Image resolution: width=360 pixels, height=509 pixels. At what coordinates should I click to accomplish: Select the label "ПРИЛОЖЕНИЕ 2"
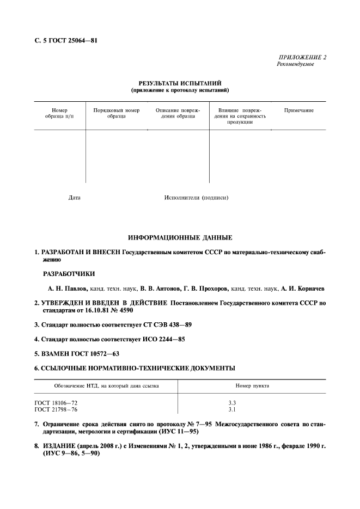click(x=302, y=57)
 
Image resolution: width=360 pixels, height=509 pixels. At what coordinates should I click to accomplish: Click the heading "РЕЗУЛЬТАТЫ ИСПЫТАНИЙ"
click(x=180, y=83)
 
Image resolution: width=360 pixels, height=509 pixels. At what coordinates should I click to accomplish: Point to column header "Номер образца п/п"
click(x=59, y=114)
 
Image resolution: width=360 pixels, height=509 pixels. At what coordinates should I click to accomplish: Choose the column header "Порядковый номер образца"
click(x=116, y=114)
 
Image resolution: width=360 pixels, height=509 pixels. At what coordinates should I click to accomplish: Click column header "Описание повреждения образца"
click(x=178, y=114)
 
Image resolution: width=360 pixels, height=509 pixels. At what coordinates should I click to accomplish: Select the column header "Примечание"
click(x=298, y=111)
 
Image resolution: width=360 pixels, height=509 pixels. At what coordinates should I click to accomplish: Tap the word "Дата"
click(x=75, y=198)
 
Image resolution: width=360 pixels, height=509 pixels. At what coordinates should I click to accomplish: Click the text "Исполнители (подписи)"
click(x=196, y=198)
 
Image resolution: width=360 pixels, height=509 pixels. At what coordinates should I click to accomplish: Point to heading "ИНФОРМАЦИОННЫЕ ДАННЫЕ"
click(x=180, y=238)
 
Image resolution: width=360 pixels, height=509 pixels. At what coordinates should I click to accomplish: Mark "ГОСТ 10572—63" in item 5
click(x=94, y=353)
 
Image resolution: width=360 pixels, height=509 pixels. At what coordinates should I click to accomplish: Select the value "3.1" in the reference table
click(x=231, y=409)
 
